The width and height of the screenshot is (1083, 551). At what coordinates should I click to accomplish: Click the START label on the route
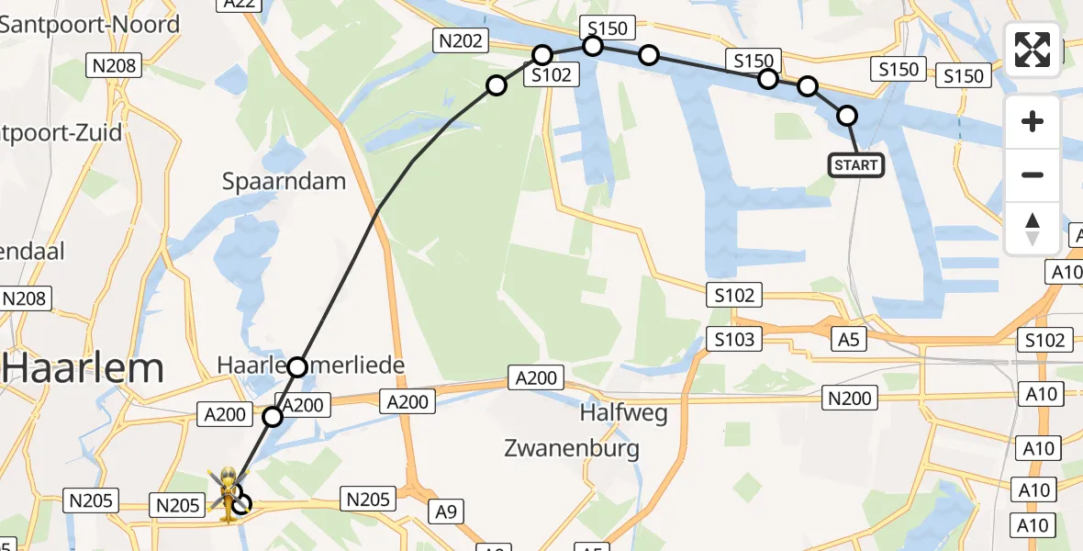click(856, 165)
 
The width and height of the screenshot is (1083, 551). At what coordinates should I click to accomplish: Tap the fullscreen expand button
click(1033, 50)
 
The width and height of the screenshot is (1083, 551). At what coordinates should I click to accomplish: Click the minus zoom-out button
click(1033, 174)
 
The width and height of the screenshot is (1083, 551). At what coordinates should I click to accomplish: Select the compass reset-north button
click(1033, 229)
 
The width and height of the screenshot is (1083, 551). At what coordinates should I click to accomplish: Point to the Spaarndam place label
click(284, 181)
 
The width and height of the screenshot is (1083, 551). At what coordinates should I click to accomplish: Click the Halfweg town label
click(623, 413)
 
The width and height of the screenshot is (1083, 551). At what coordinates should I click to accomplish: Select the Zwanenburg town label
click(572, 448)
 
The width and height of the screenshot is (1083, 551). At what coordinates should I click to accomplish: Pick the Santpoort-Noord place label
click(89, 25)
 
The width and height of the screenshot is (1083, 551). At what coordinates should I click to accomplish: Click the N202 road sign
click(461, 40)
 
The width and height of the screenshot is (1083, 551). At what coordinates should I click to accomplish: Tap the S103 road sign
click(735, 340)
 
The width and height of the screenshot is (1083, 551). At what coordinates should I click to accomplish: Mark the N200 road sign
click(850, 397)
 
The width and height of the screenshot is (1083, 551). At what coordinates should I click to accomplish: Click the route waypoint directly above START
click(847, 116)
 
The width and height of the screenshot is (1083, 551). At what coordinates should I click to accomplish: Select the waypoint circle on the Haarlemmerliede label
click(297, 367)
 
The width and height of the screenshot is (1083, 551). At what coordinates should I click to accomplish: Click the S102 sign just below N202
click(552, 75)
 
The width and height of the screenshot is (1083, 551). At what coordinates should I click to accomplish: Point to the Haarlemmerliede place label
click(311, 365)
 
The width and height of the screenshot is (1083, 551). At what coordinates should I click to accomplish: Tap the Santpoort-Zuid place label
click(61, 133)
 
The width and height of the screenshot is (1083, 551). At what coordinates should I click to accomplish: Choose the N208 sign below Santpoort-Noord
click(114, 64)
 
